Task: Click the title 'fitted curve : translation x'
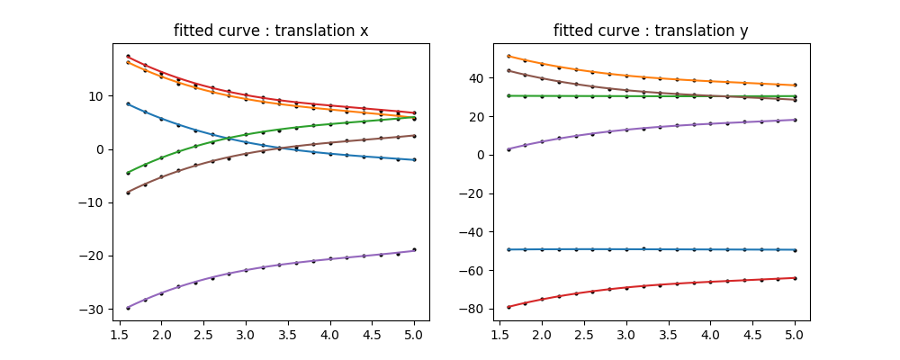click(x=271, y=31)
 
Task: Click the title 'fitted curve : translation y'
click(x=651, y=31)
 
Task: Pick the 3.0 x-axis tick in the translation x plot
click(x=246, y=335)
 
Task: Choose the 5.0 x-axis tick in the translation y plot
click(x=795, y=335)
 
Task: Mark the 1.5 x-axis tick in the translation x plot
click(x=119, y=335)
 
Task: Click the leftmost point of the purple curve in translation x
click(x=128, y=308)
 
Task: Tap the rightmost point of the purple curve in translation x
click(x=414, y=250)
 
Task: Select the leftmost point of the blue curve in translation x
click(x=128, y=104)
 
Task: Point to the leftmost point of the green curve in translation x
click(x=128, y=173)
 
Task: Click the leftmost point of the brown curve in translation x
click(x=128, y=193)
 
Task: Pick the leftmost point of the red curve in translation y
click(x=508, y=307)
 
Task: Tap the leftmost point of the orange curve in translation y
click(x=508, y=56)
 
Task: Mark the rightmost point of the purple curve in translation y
click(x=795, y=120)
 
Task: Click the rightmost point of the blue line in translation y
click(x=795, y=250)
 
